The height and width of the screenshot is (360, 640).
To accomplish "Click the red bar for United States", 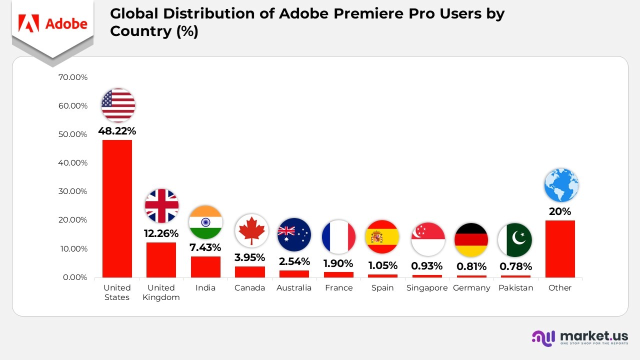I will pos(117,208).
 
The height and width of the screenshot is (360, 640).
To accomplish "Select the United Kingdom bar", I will pos(161,259).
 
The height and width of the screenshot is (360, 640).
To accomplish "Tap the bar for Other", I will pos(560,248).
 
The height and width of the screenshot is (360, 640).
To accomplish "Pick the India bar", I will pos(205,266).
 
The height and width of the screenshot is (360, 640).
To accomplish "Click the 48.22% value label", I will pos(117,131).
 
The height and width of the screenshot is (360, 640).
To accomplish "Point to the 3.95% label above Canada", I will pos(249,258).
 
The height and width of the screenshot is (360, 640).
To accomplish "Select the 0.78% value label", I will pos(515,266).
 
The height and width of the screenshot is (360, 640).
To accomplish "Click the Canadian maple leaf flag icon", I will pos(251,231).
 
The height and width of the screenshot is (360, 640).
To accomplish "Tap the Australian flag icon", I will pos(294,234).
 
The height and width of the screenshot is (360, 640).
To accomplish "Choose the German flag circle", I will pos(471,239).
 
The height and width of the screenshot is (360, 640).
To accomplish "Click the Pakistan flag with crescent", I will pos(515,240).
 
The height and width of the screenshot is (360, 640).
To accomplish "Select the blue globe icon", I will pos(561,185).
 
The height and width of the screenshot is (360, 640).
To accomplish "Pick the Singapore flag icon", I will pos(428,239).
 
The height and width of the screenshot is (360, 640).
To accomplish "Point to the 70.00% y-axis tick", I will pos(73,77).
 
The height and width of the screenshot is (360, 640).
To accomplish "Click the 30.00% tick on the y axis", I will pos(73,191).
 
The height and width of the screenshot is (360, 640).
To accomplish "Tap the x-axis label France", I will pos(338,288).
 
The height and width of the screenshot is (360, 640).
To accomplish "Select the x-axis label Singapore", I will pos(427,288).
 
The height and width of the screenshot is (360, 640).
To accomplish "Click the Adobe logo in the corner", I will pos(52,23).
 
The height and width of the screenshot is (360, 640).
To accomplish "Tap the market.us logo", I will pos(580,337).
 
